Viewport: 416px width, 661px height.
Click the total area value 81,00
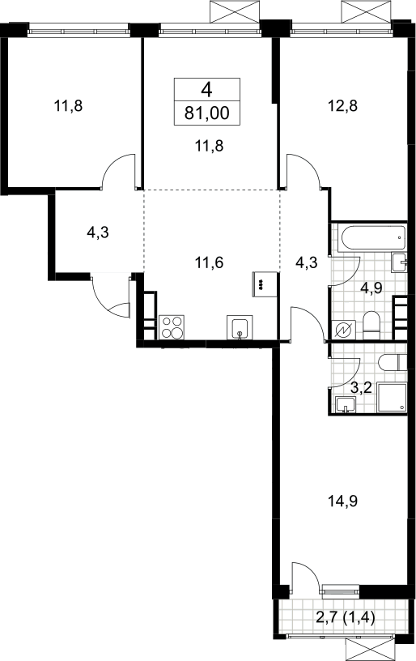[207, 113]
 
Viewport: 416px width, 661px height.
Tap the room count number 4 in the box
[206, 90]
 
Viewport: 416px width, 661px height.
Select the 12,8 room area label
[342, 105]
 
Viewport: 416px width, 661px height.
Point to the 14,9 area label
[342, 501]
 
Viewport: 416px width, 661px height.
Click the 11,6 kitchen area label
[209, 262]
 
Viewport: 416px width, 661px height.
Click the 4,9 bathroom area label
[372, 288]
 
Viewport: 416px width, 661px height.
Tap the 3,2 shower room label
[361, 387]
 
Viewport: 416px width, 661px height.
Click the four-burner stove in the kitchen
[172, 327]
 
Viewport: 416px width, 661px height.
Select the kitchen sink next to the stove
[240, 327]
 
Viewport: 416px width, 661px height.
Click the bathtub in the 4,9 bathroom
[372, 238]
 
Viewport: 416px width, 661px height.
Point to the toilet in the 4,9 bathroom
[371, 326]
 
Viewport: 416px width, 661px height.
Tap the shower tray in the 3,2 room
[392, 398]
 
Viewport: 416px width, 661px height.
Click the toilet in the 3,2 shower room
[393, 363]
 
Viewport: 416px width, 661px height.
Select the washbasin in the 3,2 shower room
[346, 405]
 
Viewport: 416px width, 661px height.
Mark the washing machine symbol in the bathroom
[343, 330]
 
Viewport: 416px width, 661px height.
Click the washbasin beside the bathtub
[399, 262]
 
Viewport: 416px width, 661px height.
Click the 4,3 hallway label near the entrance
[98, 232]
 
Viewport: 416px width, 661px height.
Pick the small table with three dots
[265, 284]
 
